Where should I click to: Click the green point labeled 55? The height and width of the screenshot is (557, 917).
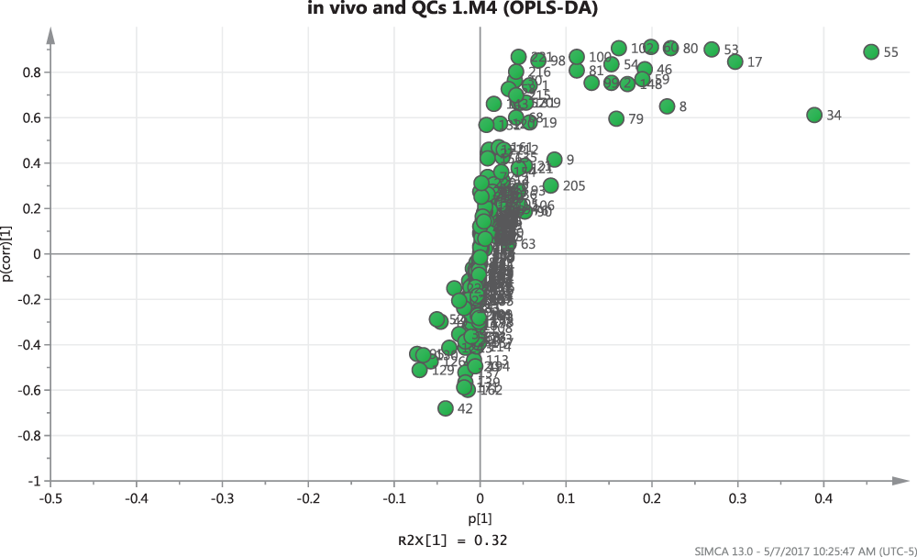(x=871, y=52)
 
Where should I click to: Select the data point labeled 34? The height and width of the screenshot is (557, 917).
(x=814, y=115)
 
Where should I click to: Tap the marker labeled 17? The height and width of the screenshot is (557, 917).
(x=735, y=62)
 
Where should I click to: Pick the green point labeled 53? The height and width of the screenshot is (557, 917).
(x=712, y=50)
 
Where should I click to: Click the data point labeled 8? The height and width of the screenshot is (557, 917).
(x=668, y=106)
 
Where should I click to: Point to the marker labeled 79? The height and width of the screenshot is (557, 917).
(x=616, y=119)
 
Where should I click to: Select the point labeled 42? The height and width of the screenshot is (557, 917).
(x=446, y=408)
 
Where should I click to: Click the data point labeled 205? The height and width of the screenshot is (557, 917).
(x=551, y=186)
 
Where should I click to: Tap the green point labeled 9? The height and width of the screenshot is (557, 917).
(x=555, y=160)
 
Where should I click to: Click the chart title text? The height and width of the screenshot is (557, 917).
(x=458, y=11)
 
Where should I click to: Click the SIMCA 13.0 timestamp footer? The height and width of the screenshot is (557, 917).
(x=803, y=548)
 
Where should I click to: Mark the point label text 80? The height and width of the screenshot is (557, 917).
(x=691, y=49)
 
